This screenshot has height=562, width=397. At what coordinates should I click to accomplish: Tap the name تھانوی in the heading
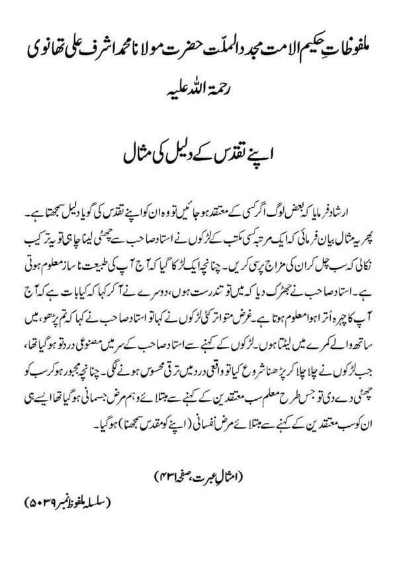click(44, 48)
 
